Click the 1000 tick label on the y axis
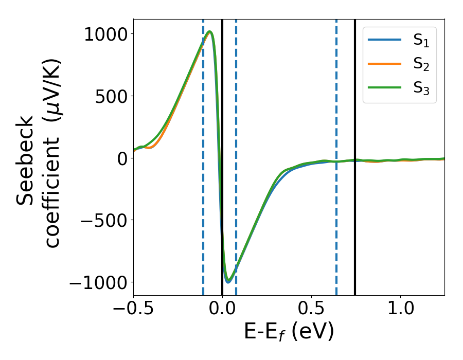click(x=106, y=34)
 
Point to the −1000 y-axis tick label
click(x=99, y=282)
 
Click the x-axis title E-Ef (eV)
click(x=289, y=332)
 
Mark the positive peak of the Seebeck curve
click(x=209, y=32)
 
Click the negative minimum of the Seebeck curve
click(x=228, y=281)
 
